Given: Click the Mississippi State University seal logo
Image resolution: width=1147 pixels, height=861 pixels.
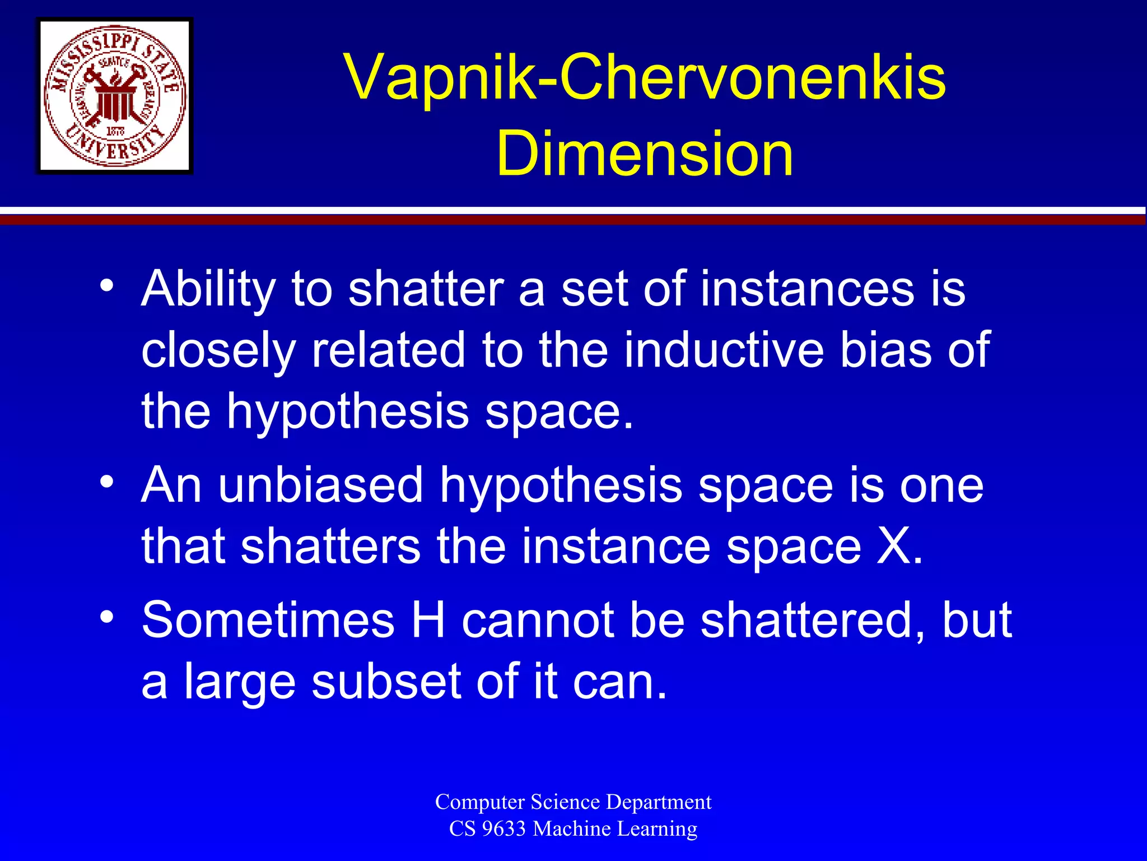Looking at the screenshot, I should click(x=115, y=96).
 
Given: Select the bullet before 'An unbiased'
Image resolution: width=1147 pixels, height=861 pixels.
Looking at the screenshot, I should click(x=107, y=481).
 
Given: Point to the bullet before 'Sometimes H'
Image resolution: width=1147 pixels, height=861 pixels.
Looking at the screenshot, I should click(x=107, y=617).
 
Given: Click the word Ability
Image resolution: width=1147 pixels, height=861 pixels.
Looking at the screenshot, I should click(x=208, y=290).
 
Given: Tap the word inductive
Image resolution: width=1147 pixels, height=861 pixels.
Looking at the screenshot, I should click(x=724, y=350).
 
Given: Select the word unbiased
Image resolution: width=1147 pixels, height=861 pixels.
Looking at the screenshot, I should click(x=320, y=485).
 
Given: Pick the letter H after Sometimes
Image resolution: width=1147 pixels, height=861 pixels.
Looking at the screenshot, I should click(x=428, y=620).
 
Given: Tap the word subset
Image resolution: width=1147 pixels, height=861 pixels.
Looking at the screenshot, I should click(x=386, y=682).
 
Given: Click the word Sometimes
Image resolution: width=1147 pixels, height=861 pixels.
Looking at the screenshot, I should click(x=268, y=620).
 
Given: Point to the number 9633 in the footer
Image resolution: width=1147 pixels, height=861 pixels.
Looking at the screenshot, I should click(x=504, y=828).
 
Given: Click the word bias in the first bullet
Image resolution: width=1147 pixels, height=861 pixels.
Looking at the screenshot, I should click(x=885, y=350).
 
